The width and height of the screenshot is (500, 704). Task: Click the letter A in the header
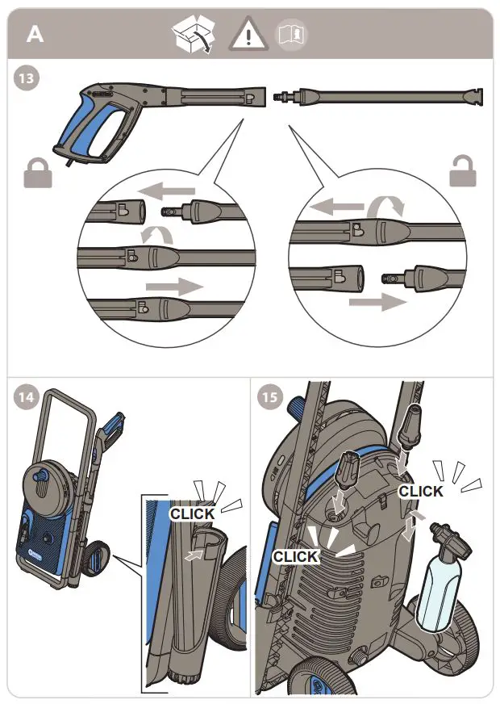[35, 34]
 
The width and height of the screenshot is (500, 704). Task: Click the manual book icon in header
[291, 35]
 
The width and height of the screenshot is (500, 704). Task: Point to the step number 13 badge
[28, 79]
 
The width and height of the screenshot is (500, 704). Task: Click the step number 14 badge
[28, 398]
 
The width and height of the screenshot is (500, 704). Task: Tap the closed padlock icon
[38, 172]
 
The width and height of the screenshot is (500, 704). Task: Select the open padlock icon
[463, 171]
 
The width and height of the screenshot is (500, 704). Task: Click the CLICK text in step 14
[192, 513]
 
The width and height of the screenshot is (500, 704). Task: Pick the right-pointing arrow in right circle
[376, 302]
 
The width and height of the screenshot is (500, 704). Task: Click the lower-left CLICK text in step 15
[296, 556]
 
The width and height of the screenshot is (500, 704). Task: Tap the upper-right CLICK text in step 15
[421, 491]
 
